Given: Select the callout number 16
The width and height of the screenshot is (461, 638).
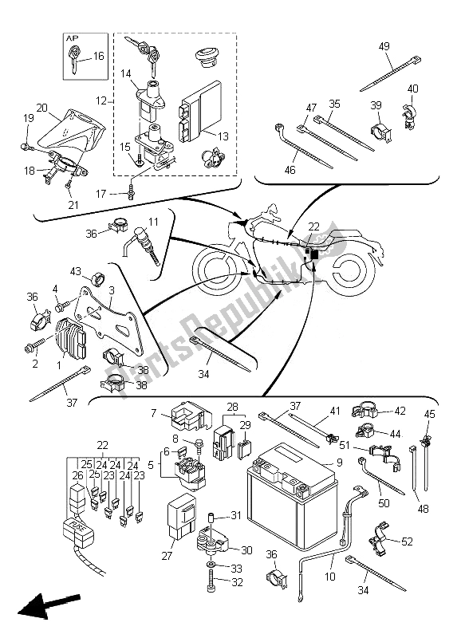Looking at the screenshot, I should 98,57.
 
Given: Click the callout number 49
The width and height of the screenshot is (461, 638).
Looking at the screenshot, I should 384,46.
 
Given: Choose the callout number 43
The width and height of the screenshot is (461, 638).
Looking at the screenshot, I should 77,270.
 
